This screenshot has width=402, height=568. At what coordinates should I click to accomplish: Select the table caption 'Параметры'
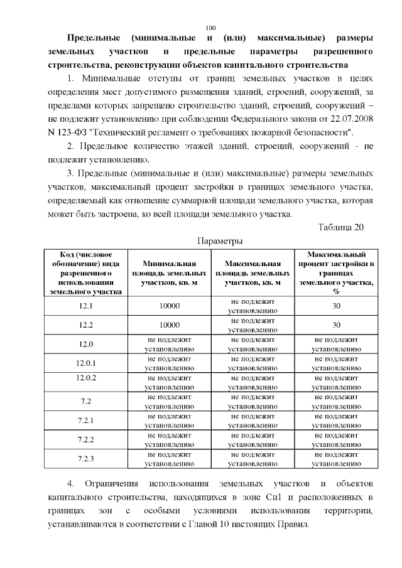click(x=219, y=241)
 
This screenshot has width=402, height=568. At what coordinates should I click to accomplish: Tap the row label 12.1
click(x=85, y=306)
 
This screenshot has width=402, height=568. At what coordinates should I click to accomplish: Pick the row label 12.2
click(x=85, y=325)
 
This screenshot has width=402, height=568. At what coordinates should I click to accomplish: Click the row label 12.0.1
click(x=85, y=363)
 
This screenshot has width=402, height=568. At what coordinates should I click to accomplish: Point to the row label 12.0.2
click(x=85, y=378)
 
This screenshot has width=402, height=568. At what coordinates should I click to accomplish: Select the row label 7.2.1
click(x=85, y=420)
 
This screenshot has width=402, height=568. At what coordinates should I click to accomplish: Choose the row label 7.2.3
click(x=85, y=459)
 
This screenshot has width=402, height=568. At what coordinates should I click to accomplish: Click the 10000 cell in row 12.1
click(x=169, y=306)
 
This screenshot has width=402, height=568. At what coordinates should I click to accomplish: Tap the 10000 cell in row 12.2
click(x=169, y=325)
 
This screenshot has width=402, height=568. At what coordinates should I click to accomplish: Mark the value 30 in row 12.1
click(x=336, y=306)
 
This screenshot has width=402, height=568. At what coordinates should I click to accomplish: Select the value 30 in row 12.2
click(x=336, y=325)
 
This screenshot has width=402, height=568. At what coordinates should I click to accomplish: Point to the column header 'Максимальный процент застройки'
click(x=336, y=273)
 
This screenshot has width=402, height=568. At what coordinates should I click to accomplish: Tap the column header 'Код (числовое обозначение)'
click(x=85, y=273)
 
